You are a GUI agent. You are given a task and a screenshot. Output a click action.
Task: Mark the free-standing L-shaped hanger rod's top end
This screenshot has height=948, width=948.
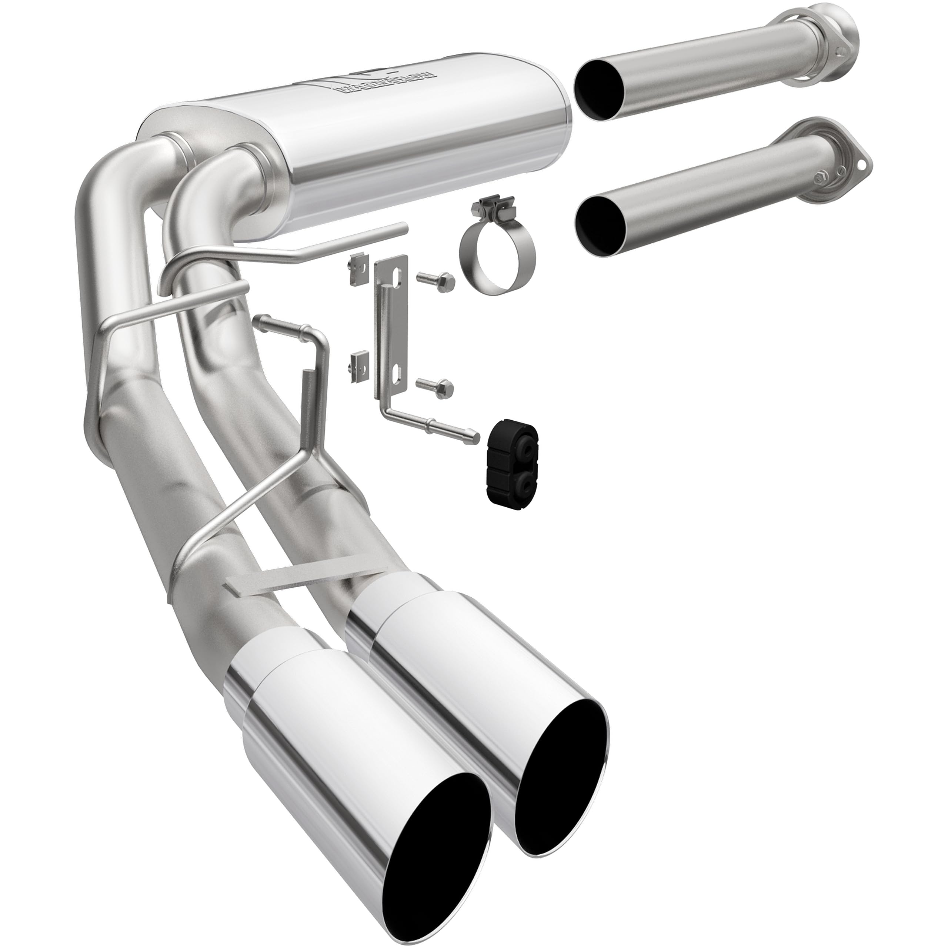(260, 321)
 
